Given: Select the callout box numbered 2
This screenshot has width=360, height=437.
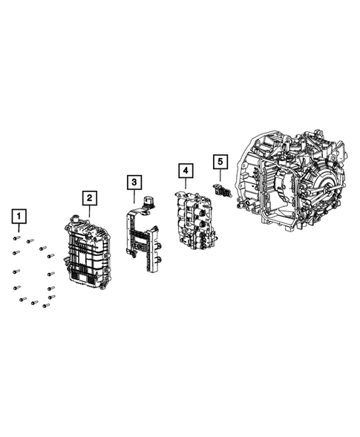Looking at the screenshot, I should pos(88,197).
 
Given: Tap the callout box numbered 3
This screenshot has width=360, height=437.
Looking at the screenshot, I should pos(133,181).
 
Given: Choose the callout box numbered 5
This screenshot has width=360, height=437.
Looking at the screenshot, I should pos(219,160).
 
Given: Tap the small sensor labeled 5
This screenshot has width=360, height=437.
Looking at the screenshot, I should pos(222,191).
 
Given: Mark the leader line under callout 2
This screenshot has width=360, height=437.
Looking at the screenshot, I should pos(88,209).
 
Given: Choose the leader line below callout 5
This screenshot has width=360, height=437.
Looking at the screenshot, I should pos(219,174).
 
